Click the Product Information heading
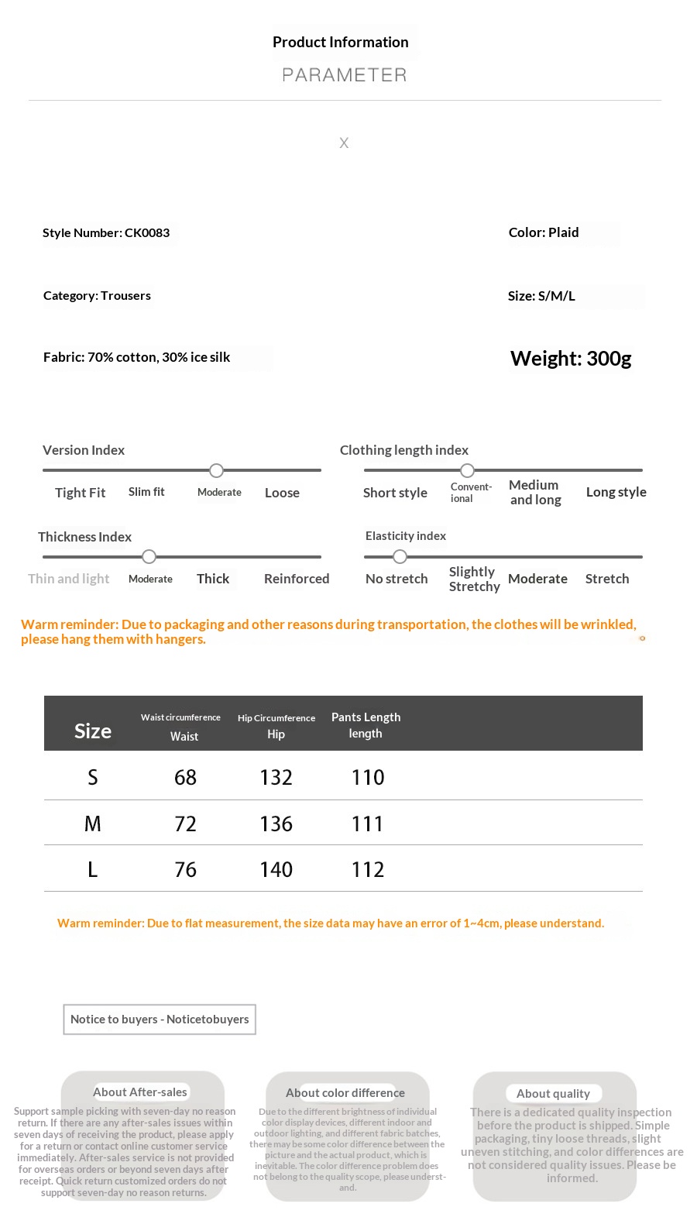click(x=340, y=43)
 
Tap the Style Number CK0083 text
click(x=106, y=233)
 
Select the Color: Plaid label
click(x=544, y=232)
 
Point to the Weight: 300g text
click(x=571, y=359)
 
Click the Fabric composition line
click(x=137, y=357)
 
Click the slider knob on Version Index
click(x=217, y=470)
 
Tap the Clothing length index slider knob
click(x=467, y=470)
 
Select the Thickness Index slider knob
click(x=149, y=556)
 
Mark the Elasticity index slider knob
click(x=400, y=556)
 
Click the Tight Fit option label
click(x=80, y=493)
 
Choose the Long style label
click(x=616, y=492)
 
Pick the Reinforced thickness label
click(x=297, y=579)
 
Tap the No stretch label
click(x=397, y=579)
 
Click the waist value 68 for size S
click(x=185, y=777)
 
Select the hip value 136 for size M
click(x=276, y=824)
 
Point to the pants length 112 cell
click(x=367, y=869)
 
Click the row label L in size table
click(x=92, y=869)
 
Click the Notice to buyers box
click(x=160, y=1020)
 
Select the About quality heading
click(x=553, y=1093)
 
